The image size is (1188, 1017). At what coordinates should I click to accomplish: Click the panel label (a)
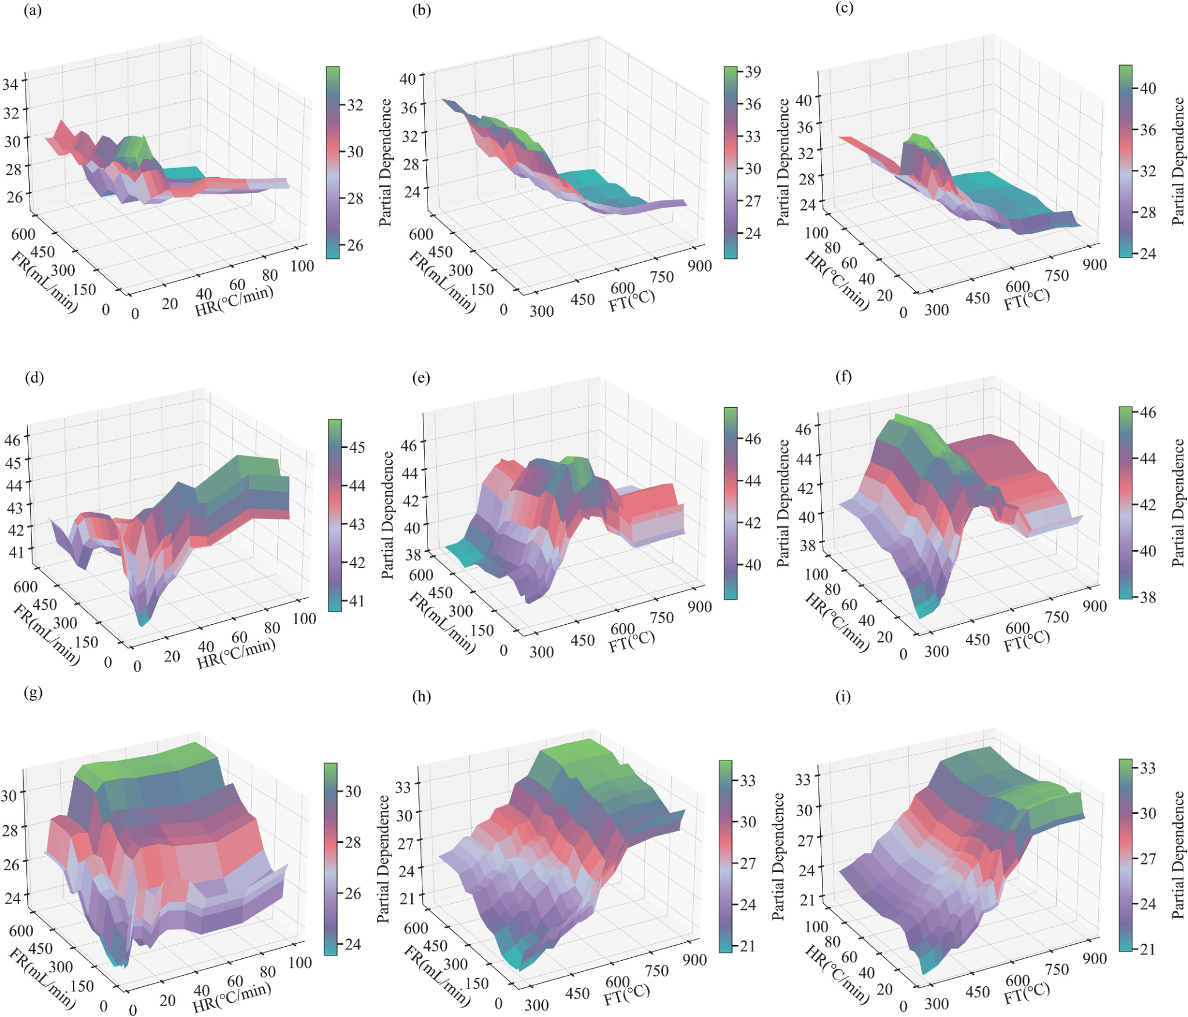click(x=32, y=11)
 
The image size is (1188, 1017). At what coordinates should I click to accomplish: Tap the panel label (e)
click(x=421, y=378)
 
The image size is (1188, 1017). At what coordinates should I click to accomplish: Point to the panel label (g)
click(x=33, y=693)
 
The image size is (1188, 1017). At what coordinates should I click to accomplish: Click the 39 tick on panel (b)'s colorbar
click(x=753, y=72)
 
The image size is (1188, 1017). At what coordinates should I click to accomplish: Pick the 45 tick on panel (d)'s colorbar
click(x=357, y=447)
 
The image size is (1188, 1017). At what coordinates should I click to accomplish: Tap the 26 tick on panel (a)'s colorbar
click(x=355, y=245)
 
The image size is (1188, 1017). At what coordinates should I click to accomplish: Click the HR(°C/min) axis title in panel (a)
click(x=234, y=301)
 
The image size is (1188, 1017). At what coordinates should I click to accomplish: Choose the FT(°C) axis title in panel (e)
click(x=632, y=641)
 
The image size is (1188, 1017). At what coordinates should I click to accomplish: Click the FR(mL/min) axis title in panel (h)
click(x=437, y=975)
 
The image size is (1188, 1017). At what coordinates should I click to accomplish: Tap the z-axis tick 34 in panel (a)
click(x=10, y=84)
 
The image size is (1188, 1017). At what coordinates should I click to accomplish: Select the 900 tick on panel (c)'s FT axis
click(x=1094, y=265)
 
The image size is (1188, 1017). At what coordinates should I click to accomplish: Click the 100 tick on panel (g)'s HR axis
click(x=300, y=962)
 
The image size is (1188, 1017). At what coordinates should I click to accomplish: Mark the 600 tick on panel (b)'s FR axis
click(x=421, y=234)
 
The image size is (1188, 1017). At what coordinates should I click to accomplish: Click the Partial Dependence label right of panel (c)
click(x=1178, y=161)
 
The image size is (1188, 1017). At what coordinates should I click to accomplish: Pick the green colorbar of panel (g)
click(x=330, y=859)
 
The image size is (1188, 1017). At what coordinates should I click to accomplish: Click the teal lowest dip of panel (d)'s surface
click(x=142, y=622)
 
